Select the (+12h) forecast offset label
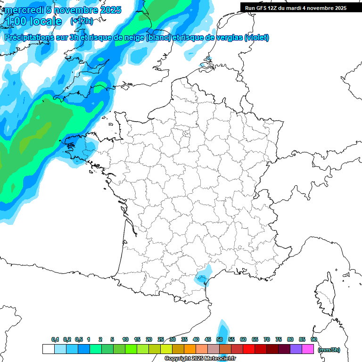click(x=81, y=21)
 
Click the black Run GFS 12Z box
click(x=296, y=8)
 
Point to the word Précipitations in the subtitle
click(x=30, y=37)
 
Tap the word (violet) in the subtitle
click(x=257, y=37)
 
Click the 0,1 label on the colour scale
click(x=55, y=339)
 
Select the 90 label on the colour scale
click(x=313, y=339)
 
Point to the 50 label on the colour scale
click(x=220, y=339)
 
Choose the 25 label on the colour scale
click(x=161, y=339)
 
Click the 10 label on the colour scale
click(x=125, y=339)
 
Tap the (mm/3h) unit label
click(x=329, y=349)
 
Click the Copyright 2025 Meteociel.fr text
click(x=200, y=359)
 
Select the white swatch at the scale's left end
click(x=48, y=349)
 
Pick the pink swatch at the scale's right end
click(x=308, y=349)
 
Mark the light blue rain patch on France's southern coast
click(x=203, y=275)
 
